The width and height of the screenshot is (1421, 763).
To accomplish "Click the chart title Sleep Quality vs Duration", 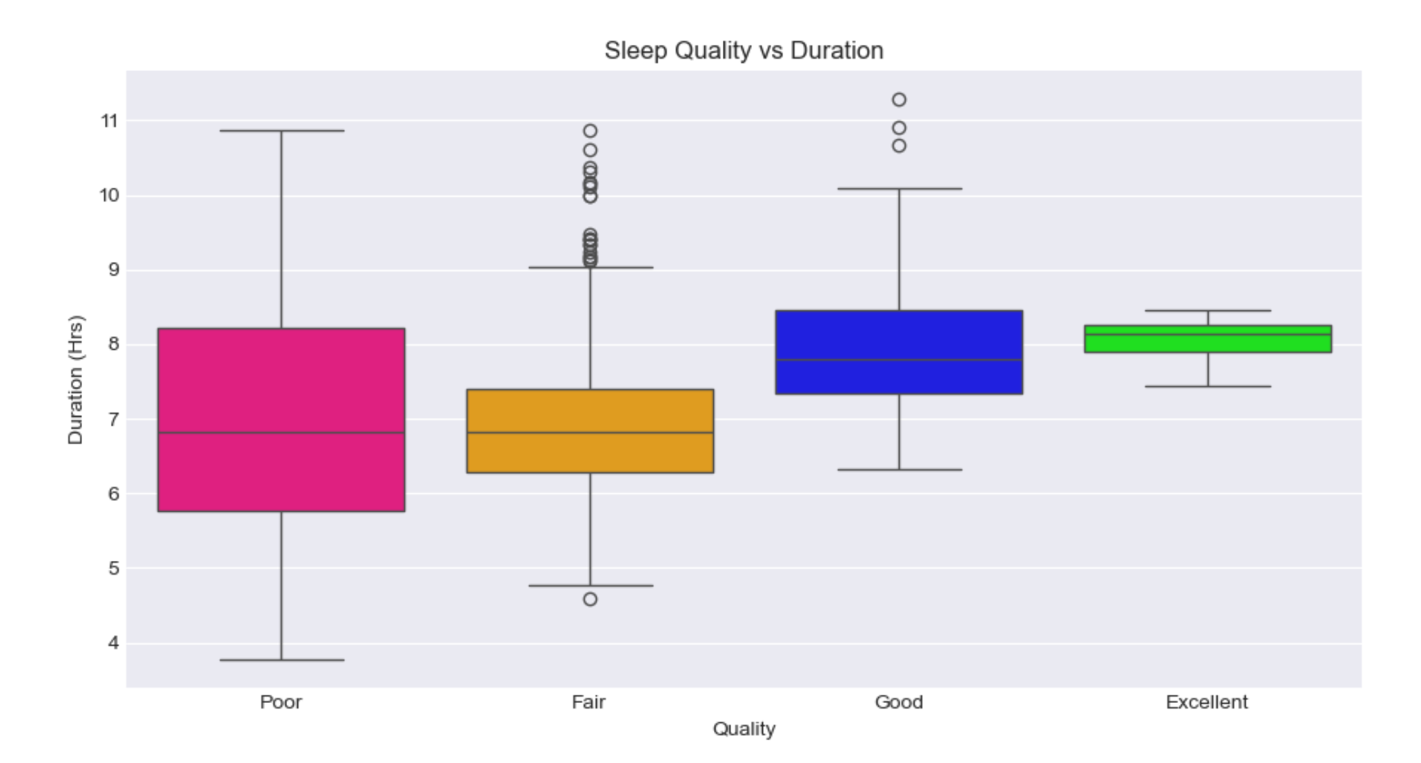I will (744, 50).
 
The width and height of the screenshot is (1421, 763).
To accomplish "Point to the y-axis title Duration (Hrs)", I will (75, 379).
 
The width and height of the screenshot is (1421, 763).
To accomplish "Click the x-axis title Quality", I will (744, 729).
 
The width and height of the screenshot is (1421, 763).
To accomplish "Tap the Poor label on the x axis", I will (281, 702).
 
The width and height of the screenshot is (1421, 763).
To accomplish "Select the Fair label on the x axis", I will (589, 702).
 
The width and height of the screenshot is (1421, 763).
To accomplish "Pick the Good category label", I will (898, 702).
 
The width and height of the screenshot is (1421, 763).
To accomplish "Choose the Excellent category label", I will (1206, 702).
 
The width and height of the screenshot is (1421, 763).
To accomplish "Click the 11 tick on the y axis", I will (109, 121).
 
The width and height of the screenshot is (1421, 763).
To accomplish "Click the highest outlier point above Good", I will (899, 100).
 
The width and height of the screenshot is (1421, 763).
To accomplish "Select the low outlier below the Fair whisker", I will (590, 599).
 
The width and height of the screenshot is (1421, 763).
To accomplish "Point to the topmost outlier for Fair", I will (590, 131).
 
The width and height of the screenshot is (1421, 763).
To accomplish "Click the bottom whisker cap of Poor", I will (281, 660).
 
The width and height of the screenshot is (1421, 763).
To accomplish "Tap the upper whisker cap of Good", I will (899, 188).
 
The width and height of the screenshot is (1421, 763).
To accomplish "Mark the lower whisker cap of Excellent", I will (1208, 386).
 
